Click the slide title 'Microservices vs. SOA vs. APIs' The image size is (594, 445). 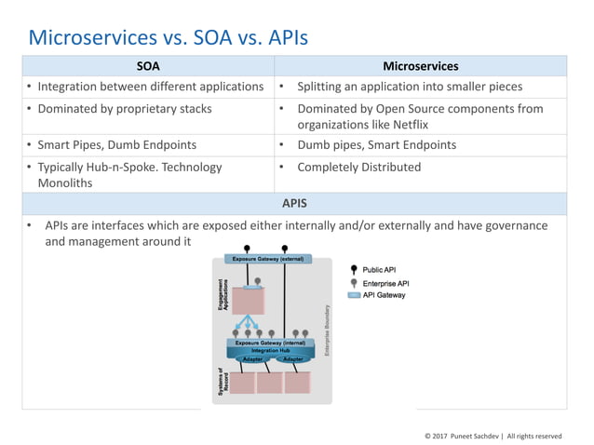click(168, 38)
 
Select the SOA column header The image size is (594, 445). click(148, 66)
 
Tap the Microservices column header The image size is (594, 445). click(420, 66)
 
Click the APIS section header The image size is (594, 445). click(294, 202)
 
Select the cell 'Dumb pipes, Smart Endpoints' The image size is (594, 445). click(375, 145)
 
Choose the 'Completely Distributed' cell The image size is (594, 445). click(358, 168)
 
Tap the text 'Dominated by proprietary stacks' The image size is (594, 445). click(124, 109)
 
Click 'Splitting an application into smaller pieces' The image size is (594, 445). click(409, 87)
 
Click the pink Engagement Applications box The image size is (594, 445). click(248, 300)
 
